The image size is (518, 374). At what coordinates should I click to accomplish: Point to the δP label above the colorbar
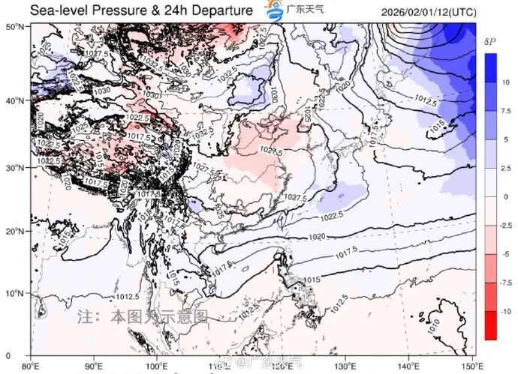click(491, 43)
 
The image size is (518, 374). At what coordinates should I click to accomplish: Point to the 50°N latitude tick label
click(17, 27)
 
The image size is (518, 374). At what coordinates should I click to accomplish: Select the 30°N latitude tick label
click(17, 167)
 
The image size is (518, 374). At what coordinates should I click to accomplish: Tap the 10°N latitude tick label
click(17, 292)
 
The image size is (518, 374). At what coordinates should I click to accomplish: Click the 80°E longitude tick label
click(31, 365)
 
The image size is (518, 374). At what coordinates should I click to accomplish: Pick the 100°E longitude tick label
click(157, 365)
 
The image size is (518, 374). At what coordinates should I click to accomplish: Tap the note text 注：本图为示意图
click(142, 317)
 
